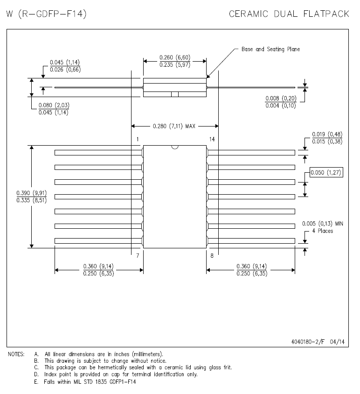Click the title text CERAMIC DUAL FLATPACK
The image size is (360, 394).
289,14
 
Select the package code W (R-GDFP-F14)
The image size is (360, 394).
46,14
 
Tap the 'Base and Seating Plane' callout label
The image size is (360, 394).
270,49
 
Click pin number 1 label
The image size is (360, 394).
138,139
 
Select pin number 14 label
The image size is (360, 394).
212,139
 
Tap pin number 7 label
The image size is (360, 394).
138,256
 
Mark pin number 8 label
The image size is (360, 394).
212,256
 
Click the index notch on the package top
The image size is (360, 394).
175,147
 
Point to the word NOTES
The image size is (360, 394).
17,354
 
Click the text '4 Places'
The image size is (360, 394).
322,231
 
